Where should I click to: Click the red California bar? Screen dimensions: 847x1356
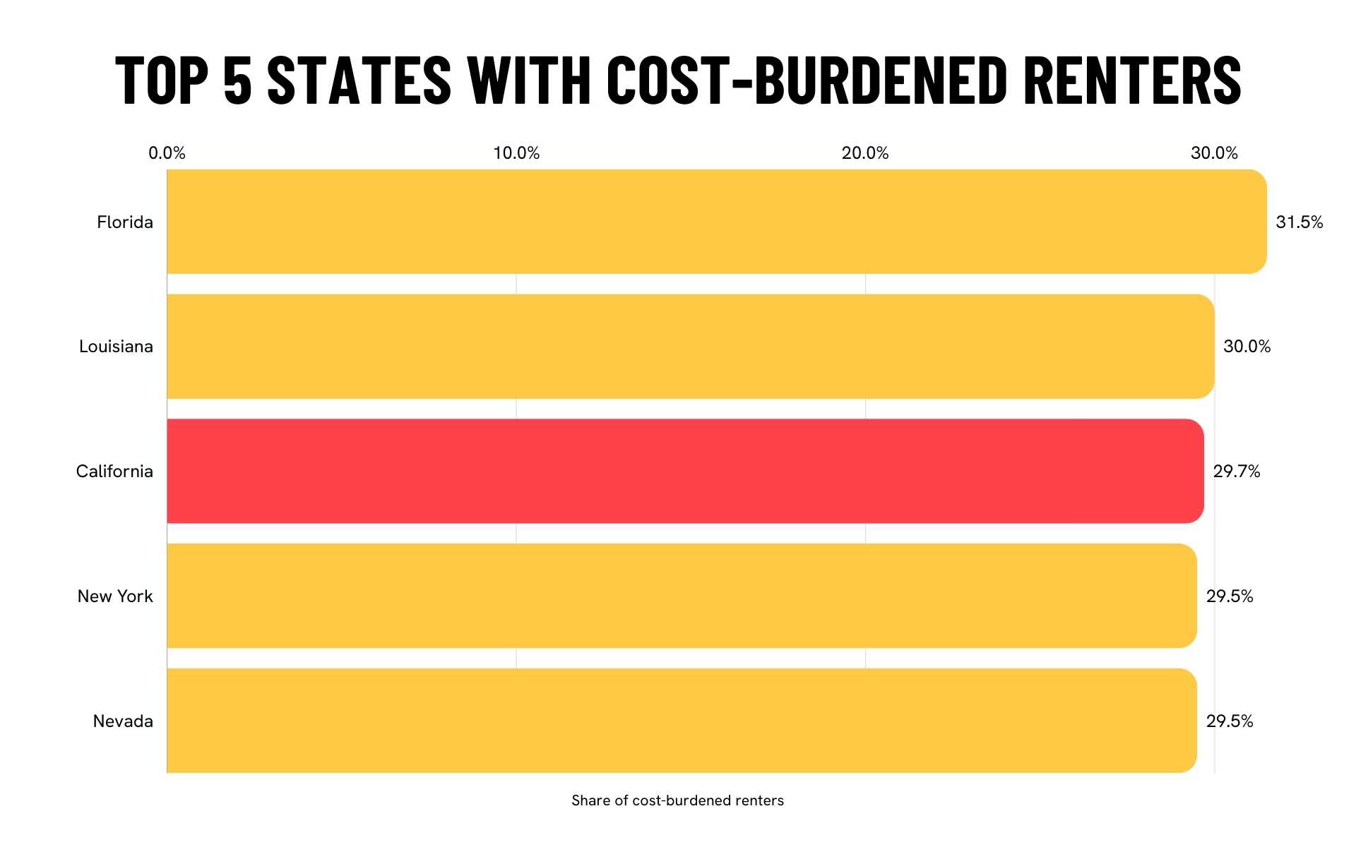coord(685,471)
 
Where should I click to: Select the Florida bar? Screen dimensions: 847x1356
coord(716,222)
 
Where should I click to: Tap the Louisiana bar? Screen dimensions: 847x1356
coord(690,346)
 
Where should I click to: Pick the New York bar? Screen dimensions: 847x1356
coord(682,596)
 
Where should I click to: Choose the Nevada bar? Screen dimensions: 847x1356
coord(682,721)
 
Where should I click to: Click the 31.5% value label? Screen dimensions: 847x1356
coord(1299,222)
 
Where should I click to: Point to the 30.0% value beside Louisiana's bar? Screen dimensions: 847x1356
coord(1247,347)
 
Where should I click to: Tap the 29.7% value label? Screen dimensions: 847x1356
coord(1236,471)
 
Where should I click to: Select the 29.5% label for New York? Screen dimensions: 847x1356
coord(1229,596)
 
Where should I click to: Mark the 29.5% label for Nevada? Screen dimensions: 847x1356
coord(1229,721)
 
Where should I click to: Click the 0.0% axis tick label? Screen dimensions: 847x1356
coord(167,153)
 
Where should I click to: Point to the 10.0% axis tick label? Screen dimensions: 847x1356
coord(516,153)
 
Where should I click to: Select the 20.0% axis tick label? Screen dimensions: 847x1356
coord(865,153)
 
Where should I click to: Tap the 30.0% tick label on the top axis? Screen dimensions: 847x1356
coord(1214,153)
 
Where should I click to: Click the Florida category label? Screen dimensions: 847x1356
coord(125,222)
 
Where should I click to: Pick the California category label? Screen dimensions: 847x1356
coord(114,471)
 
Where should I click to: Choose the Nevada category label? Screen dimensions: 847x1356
coord(123,721)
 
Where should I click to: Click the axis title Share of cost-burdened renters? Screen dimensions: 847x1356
coord(677,800)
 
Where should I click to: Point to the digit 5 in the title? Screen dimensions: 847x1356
coord(237,80)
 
